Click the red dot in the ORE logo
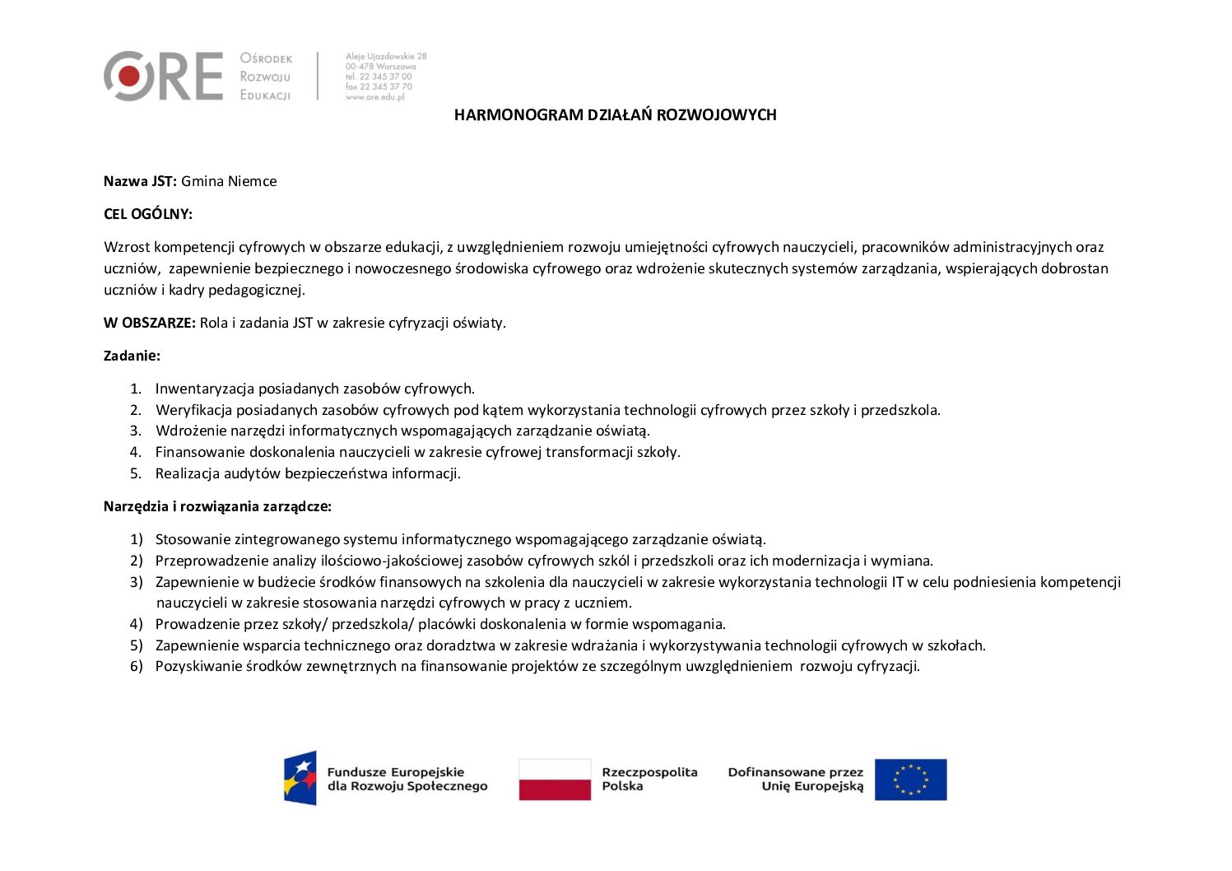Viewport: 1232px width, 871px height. pyautogui.click(x=129, y=77)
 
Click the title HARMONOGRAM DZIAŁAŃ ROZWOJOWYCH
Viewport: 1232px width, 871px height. pyautogui.click(x=615, y=115)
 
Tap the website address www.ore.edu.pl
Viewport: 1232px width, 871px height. pyautogui.click(x=375, y=97)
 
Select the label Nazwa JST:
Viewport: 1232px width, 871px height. pyautogui.click(x=140, y=181)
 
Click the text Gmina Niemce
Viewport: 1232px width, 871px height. pyautogui.click(x=229, y=181)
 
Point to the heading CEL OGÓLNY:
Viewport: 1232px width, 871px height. pyautogui.click(x=148, y=214)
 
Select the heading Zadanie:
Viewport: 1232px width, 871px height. pyautogui.click(x=132, y=356)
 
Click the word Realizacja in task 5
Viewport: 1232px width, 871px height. pyautogui.click(x=187, y=473)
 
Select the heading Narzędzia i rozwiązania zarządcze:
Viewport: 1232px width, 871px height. pyautogui.click(x=217, y=506)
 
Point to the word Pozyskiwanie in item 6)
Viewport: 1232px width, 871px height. pyautogui.click(x=198, y=666)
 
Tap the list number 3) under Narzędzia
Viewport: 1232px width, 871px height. pyautogui.click(x=137, y=582)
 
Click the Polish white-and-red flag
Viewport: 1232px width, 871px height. pyautogui.click(x=555, y=780)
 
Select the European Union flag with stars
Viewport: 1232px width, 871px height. pyautogui.click(x=910, y=780)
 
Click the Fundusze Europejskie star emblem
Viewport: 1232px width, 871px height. pyautogui.click(x=300, y=778)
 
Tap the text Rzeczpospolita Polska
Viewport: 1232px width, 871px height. pyautogui.click(x=649, y=779)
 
